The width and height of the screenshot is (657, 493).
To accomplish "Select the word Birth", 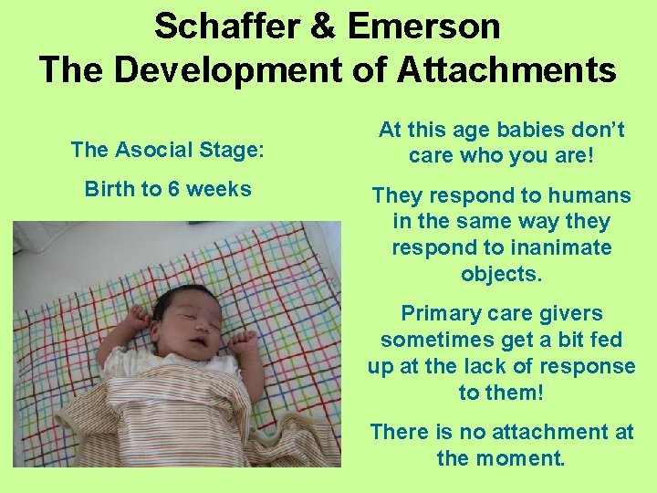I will tap(109, 189).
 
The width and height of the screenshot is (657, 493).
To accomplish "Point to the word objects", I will tap(501, 273).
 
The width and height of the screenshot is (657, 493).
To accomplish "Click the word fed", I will tap(603, 340).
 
